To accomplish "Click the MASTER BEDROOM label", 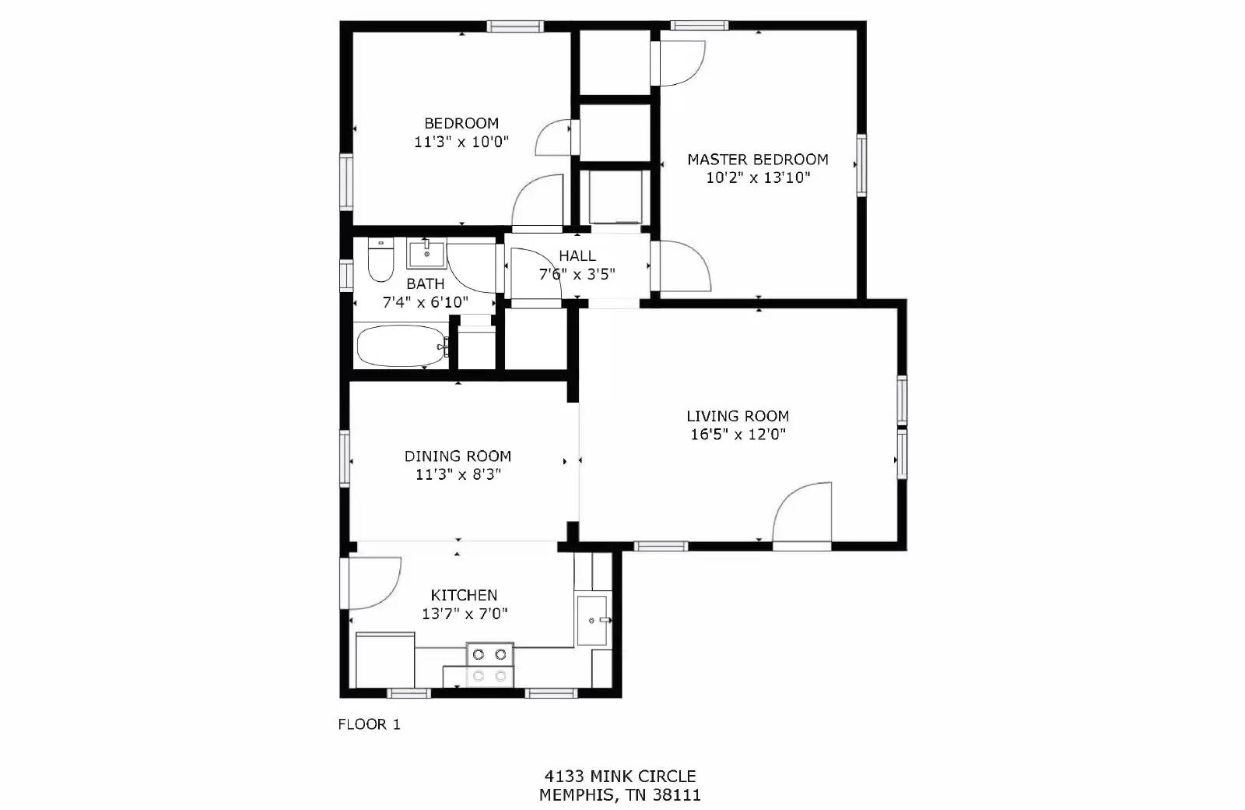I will (757, 160).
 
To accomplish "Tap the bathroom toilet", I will (380, 262).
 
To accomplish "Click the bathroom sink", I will (426, 254).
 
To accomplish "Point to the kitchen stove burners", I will (490, 664).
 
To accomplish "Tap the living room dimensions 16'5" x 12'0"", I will (738, 435).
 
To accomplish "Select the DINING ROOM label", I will (458, 456).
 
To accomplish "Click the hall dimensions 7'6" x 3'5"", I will (577, 274).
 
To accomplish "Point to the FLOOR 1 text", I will (369, 724).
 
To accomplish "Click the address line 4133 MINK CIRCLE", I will (619, 776).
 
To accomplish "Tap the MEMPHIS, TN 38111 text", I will (619, 795).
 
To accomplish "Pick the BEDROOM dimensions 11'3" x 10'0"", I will (461, 142).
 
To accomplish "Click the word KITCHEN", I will (464, 595).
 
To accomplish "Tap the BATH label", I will (426, 284).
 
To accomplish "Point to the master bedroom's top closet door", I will (679, 63).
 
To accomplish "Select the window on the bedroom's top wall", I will (514, 26).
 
